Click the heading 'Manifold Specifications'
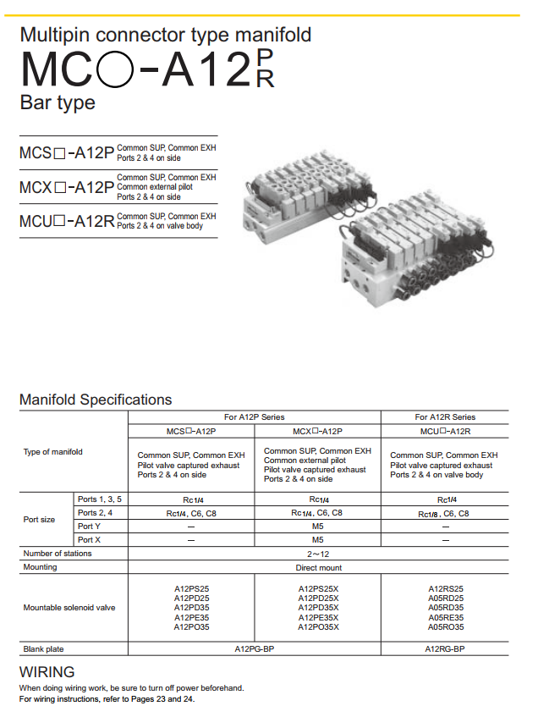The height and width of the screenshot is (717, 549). [95, 400]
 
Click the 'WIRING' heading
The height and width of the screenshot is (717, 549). [47, 672]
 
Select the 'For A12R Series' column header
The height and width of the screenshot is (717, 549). [445, 416]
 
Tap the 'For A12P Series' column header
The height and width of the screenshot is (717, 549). [254, 416]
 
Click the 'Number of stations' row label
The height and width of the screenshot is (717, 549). [58, 554]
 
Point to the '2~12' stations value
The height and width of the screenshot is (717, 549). [318, 554]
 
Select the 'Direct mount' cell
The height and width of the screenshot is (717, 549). [318, 567]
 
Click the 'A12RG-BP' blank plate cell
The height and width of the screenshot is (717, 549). [445, 649]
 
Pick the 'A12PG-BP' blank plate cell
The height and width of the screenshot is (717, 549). [254, 649]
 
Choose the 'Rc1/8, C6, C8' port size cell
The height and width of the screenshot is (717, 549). [445, 513]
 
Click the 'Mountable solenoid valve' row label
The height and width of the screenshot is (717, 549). [69, 608]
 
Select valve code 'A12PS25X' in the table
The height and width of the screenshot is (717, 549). [318, 588]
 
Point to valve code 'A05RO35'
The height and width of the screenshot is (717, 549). [445, 627]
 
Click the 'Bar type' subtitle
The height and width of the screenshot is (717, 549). [58, 103]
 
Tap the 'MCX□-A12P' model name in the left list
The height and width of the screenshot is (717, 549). [66, 187]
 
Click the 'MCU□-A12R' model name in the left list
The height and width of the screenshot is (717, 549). [66, 222]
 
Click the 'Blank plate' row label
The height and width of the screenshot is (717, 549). [44, 649]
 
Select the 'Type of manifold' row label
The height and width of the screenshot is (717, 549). [53, 451]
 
